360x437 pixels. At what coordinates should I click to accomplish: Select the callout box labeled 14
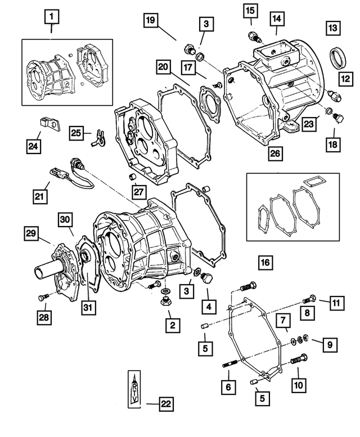click(276, 19)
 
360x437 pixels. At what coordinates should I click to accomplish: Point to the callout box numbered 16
click(265, 262)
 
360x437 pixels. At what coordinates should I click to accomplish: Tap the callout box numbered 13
click(332, 26)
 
